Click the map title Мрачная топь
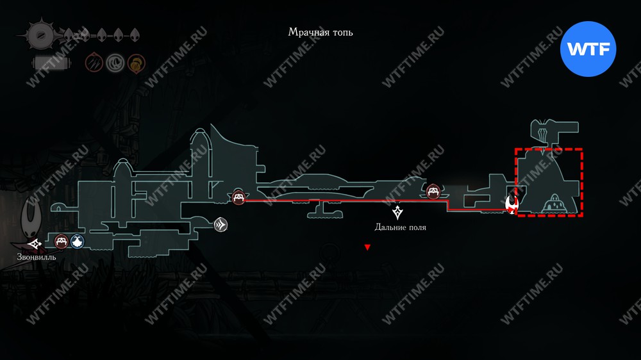(x=320, y=32)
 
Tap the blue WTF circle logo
(x=588, y=49)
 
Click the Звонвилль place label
(x=37, y=258)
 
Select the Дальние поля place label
(x=400, y=227)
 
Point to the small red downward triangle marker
(x=367, y=247)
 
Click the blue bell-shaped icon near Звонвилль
(x=78, y=241)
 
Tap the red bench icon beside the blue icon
(x=62, y=241)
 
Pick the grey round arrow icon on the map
(x=221, y=224)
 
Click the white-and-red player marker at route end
(x=512, y=204)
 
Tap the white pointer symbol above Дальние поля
(x=399, y=212)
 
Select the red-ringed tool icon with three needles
(x=95, y=63)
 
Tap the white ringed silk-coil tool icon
(x=115, y=63)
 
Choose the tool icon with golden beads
(x=136, y=63)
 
